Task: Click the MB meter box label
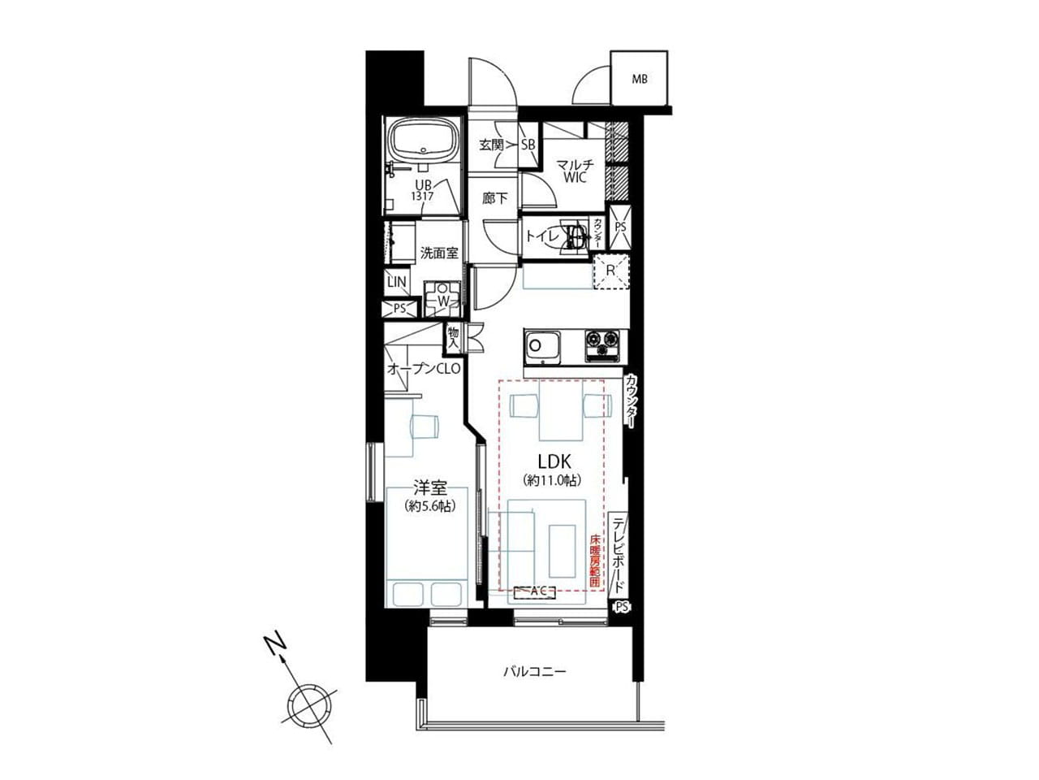click(x=640, y=79)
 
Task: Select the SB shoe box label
click(x=528, y=145)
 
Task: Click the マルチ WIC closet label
click(x=575, y=171)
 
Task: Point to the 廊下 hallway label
click(x=494, y=198)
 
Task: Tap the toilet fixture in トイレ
click(x=574, y=236)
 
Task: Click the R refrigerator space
click(x=610, y=271)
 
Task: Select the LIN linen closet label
click(x=397, y=282)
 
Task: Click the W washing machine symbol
click(x=442, y=299)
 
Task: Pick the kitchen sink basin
click(x=542, y=347)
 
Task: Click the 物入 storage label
click(x=453, y=339)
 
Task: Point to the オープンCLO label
click(x=424, y=369)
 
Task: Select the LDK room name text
click(x=554, y=461)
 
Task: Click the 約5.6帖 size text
click(x=429, y=506)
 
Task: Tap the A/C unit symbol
click(x=536, y=591)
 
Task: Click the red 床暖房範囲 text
click(x=595, y=561)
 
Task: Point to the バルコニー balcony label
click(x=534, y=672)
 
